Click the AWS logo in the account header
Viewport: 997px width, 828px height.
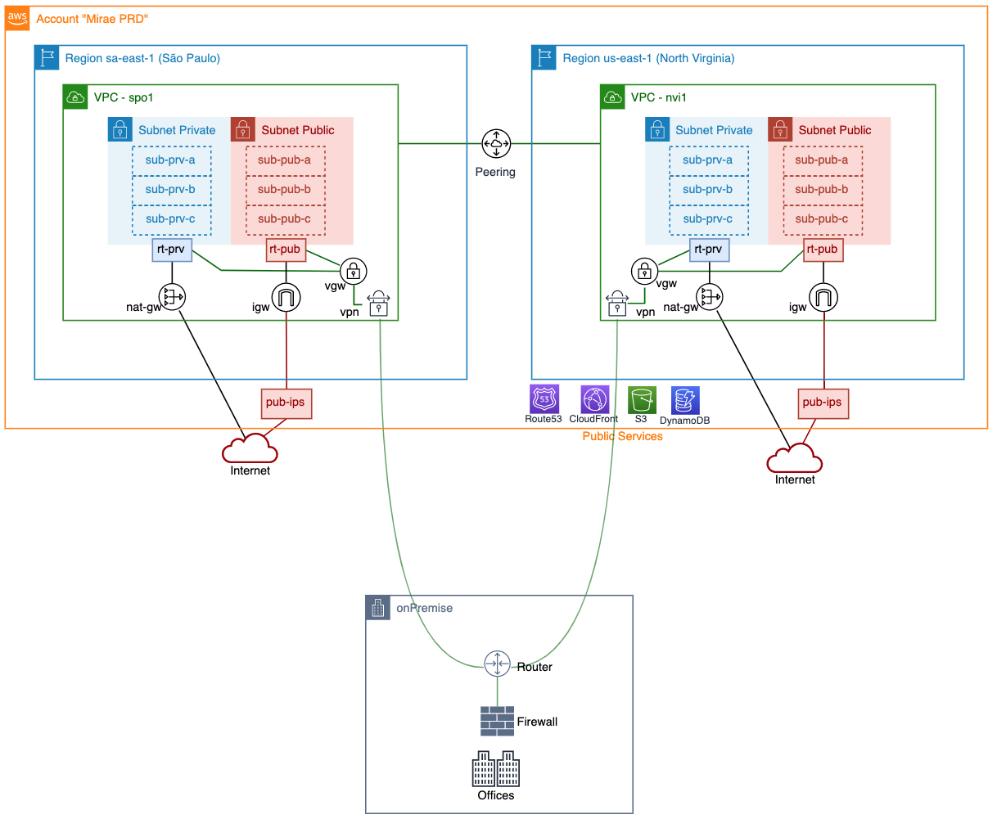18,19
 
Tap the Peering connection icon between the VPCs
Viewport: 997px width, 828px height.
496,143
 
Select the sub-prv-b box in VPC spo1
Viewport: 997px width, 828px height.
171,190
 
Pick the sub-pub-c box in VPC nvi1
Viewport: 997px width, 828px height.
823,219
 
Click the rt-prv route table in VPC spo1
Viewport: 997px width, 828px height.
172,250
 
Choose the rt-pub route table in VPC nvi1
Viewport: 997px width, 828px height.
823,250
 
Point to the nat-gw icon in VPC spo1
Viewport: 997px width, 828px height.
172,297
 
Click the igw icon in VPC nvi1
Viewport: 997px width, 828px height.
823,297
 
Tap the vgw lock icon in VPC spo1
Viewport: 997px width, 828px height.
354,271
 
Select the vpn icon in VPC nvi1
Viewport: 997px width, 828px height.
617,304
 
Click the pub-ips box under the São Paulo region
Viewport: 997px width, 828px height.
286,403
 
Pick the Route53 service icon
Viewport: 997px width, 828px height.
544,399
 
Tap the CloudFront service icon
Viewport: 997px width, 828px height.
595,399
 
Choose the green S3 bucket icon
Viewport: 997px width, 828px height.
642,400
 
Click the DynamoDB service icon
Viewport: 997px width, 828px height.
685,400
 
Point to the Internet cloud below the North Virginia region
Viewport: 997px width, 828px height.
794,459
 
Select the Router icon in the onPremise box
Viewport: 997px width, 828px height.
497,663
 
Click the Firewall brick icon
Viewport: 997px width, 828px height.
497,721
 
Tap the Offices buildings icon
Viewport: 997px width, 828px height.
496,768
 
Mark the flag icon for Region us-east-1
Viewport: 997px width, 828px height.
544,58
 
